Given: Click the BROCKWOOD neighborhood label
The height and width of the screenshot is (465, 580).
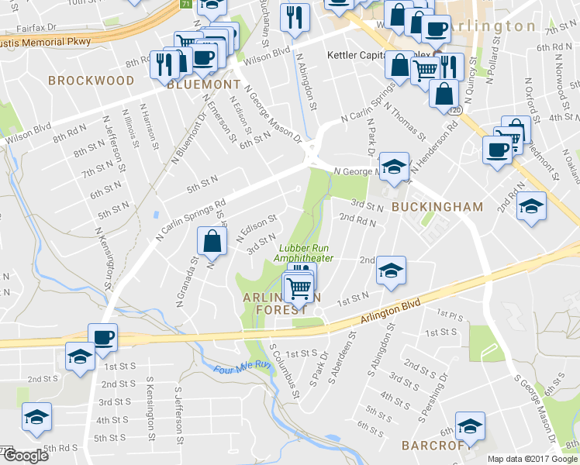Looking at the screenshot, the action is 81,80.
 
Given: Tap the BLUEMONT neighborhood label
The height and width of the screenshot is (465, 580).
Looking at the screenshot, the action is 204,84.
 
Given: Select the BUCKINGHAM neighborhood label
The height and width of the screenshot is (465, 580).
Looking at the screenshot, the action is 437,207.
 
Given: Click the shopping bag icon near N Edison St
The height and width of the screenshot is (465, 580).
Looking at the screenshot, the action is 212,241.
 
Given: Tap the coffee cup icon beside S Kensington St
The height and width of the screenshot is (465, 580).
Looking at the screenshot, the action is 102,337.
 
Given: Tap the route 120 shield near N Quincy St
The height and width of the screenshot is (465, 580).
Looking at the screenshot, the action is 453,111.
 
